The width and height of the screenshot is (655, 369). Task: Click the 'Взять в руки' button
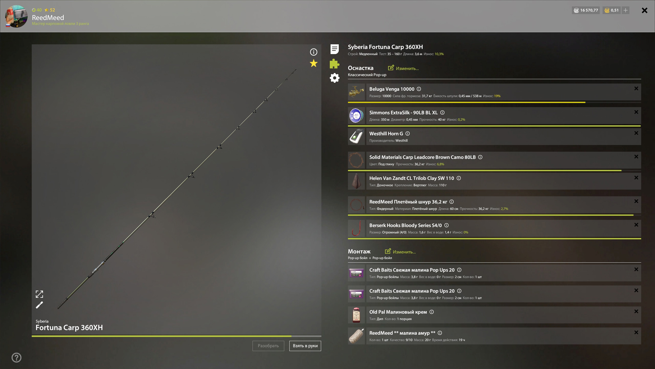click(x=305, y=346)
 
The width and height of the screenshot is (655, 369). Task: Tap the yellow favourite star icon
click(x=313, y=63)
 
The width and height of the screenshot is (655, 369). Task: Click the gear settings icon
click(x=334, y=78)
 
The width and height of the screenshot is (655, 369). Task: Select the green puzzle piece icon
click(x=334, y=64)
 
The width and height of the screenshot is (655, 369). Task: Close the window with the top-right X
click(x=645, y=10)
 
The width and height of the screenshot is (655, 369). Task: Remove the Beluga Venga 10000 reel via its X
click(x=636, y=88)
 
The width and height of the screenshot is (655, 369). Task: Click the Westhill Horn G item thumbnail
click(x=356, y=137)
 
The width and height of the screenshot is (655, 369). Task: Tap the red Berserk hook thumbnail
click(x=356, y=228)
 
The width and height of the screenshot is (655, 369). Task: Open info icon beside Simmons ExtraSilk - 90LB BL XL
click(x=442, y=112)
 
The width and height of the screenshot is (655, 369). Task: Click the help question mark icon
click(x=17, y=357)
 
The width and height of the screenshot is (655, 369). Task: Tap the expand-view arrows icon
click(x=39, y=294)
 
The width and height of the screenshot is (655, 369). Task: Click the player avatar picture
click(x=16, y=16)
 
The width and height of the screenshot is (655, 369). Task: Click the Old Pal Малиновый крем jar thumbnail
click(x=356, y=315)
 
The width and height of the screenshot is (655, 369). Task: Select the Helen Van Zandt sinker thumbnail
click(x=356, y=181)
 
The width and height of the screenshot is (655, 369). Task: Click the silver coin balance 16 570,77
click(x=586, y=10)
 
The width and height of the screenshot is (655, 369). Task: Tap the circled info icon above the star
click(x=313, y=52)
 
